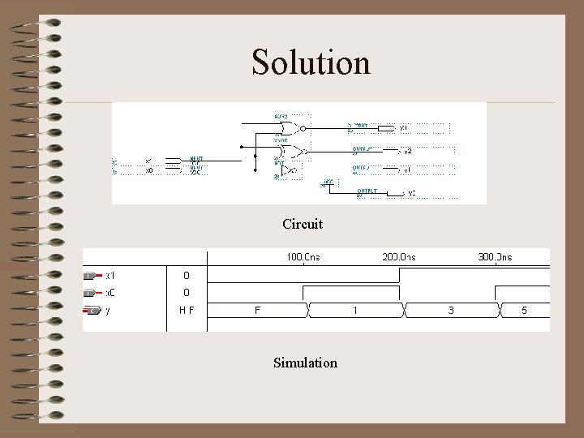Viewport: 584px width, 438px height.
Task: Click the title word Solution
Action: [311, 62]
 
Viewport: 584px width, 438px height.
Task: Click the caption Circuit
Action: [303, 223]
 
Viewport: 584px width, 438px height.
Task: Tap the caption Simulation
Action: [305, 363]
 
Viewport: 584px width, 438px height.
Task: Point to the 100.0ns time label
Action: [303, 257]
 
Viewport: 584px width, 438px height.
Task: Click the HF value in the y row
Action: [186, 310]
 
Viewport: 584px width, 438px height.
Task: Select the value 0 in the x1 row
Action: [186, 276]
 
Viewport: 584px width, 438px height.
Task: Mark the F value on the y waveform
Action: [258, 310]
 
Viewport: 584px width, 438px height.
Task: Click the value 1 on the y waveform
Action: [354, 310]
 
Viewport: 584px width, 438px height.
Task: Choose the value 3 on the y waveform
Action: [451, 310]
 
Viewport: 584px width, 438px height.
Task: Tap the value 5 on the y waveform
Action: [524, 310]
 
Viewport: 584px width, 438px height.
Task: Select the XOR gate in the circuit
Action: [290, 151]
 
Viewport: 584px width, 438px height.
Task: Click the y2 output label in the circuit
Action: [407, 151]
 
